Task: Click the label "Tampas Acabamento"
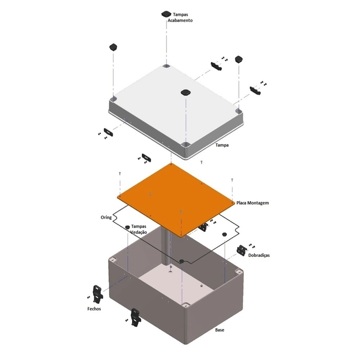[180, 17]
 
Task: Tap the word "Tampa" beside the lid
[222, 145]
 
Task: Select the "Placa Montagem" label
[253, 203]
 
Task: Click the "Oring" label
[106, 218]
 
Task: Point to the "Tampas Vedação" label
[139, 229]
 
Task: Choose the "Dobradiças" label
[259, 255]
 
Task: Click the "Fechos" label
[94, 309]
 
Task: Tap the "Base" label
[219, 330]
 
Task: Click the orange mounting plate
[176, 200]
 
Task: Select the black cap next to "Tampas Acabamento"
[166, 14]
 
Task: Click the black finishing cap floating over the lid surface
[186, 92]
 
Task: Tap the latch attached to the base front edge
[135, 317]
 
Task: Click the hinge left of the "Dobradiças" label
[242, 250]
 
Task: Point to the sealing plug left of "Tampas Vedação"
[128, 227]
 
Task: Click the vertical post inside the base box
[166, 249]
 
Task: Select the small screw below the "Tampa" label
[202, 163]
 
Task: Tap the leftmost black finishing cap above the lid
[113, 47]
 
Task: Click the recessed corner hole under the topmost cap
[166, 67]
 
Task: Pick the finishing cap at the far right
[239, 59]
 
